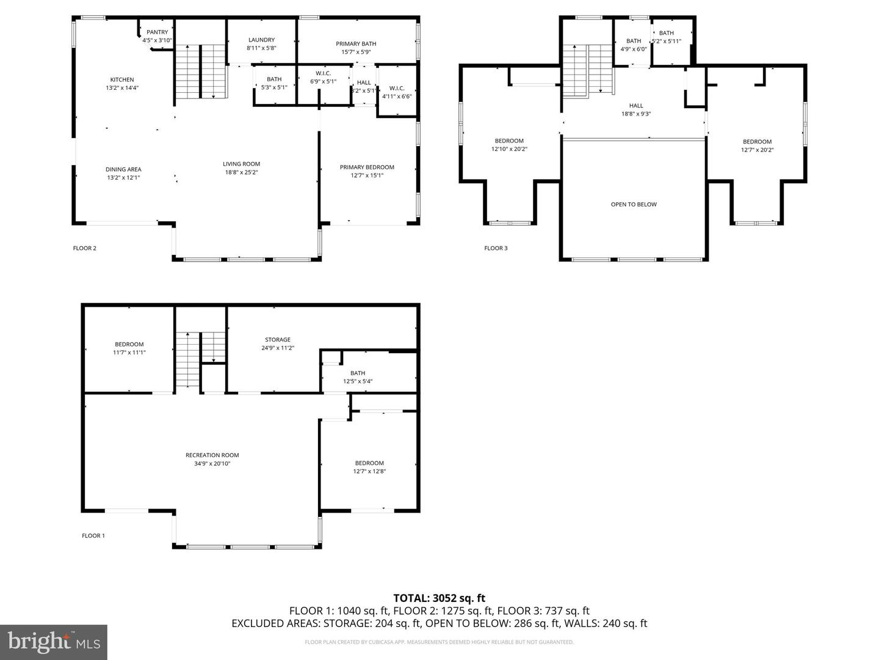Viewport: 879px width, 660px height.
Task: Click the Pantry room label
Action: (157, 32)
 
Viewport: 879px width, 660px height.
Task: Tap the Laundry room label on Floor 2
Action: (261, 40)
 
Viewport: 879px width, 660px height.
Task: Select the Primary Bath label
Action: (356, 43)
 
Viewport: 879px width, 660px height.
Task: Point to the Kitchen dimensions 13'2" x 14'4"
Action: (122, 87)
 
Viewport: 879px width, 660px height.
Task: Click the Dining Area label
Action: (123, 169)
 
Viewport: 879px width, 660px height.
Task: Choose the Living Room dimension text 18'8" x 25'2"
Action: (241, 172)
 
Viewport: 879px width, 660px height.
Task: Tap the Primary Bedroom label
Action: (367, 167)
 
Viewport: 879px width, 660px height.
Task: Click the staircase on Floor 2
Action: (201, 71)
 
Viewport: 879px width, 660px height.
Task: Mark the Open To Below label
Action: (634, 204)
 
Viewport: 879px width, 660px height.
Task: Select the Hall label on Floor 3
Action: (636, 106)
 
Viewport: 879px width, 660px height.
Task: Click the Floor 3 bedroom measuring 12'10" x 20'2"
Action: (509, 145)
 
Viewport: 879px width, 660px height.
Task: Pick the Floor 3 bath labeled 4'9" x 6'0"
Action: (634, 45)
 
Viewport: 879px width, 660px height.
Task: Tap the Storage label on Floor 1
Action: (278, 340)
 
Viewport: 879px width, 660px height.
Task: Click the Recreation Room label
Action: (212, 455)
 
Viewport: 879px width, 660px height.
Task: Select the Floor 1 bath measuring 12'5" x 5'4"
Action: (358, 377)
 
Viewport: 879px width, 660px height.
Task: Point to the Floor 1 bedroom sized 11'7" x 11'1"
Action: (129, 348)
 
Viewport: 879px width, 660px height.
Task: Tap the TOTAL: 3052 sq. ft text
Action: (439, 598)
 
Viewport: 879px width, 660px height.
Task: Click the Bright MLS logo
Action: (54, 642)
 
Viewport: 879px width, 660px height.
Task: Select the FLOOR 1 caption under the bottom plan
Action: (93, 535)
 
